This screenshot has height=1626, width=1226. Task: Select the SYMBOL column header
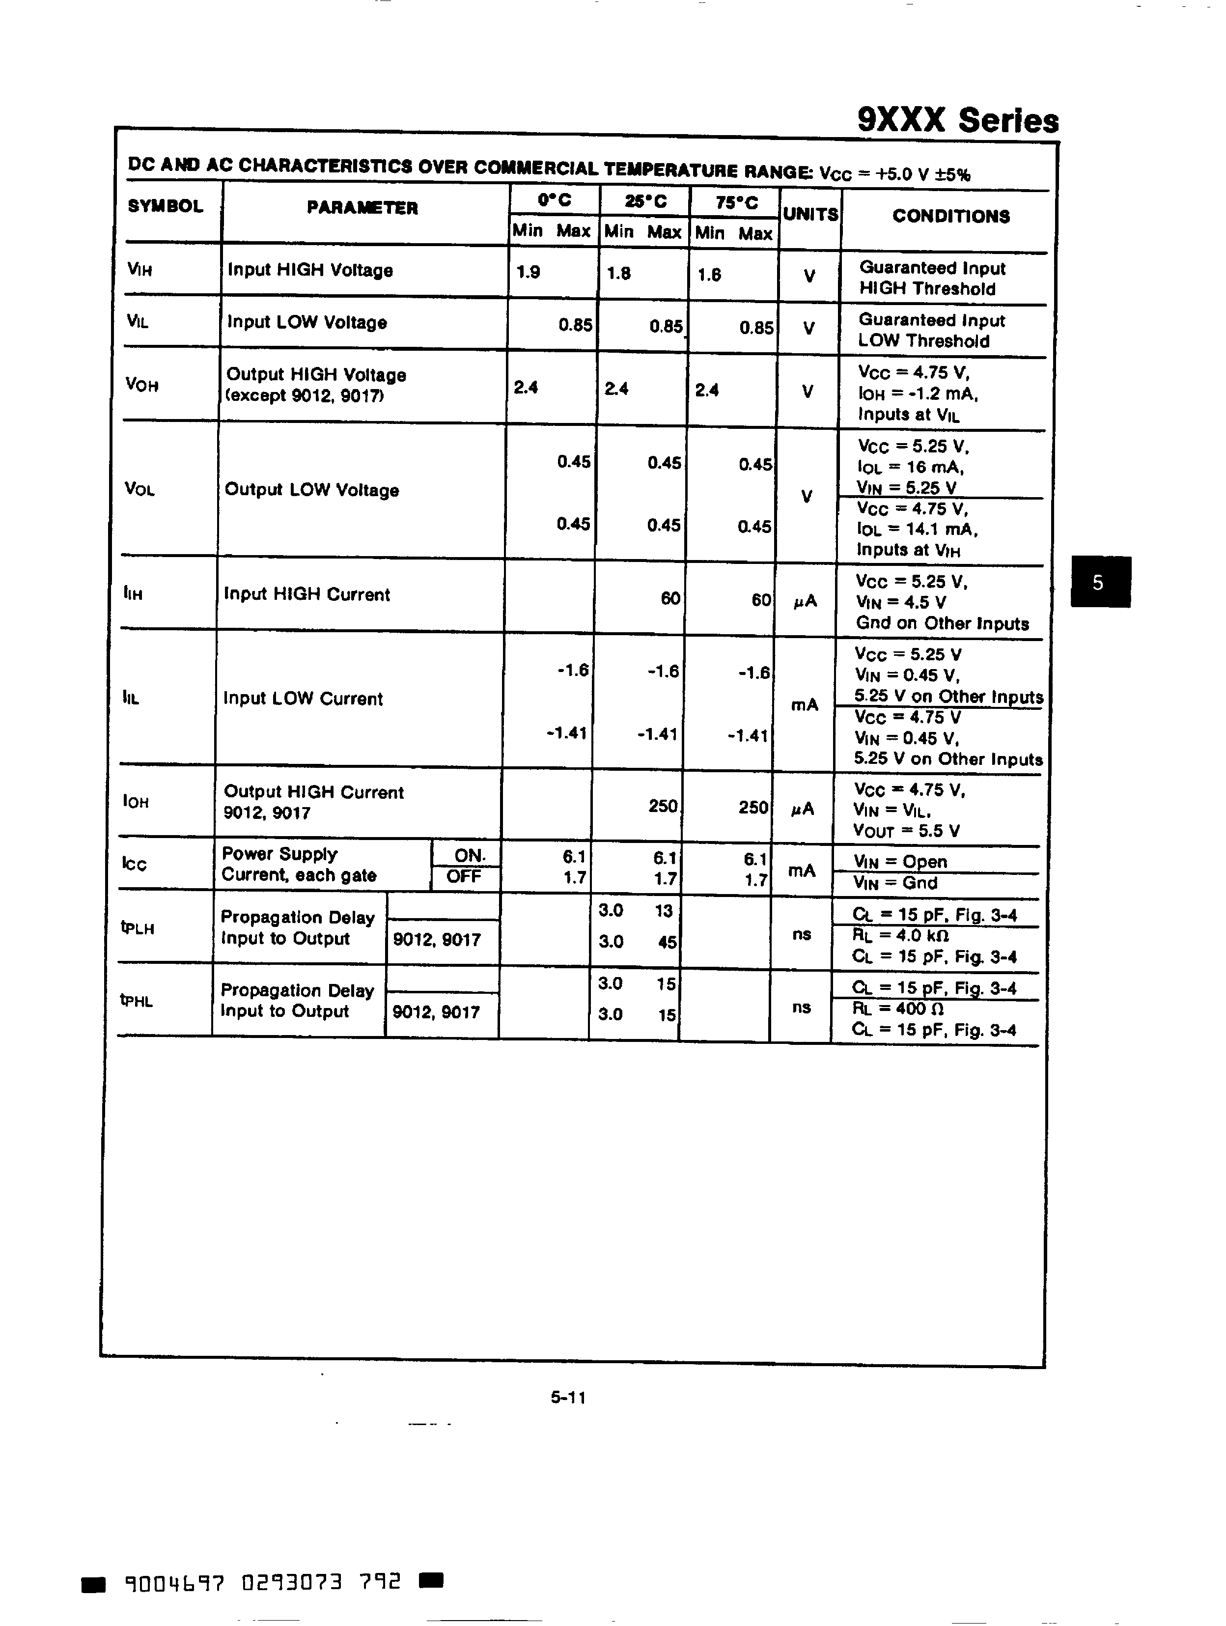(x=166, y=206)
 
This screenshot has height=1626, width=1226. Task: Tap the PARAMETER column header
(x=362, y=208)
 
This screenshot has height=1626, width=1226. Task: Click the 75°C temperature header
(x=736, y=203)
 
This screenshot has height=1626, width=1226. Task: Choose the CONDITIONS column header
(x=950, y=216)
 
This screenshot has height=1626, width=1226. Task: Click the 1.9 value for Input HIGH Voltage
(x=528, y=273)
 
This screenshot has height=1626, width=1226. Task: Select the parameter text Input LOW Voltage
(x=306, y=323)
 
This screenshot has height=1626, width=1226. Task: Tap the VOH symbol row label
(x=142, y=385)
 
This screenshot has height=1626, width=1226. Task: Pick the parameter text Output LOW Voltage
(x=311, y=490)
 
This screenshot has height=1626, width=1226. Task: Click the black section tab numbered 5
(x=1100, y=582)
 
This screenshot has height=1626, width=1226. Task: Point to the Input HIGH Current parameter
(x=306, y=595)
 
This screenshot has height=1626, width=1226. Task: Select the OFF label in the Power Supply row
(x=464, y=876)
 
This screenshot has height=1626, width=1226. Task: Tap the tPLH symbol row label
(x=138, y=927)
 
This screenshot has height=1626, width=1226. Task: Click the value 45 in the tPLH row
(x=667, y=942)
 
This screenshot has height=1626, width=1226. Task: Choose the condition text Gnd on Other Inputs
(x=942, y=623)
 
